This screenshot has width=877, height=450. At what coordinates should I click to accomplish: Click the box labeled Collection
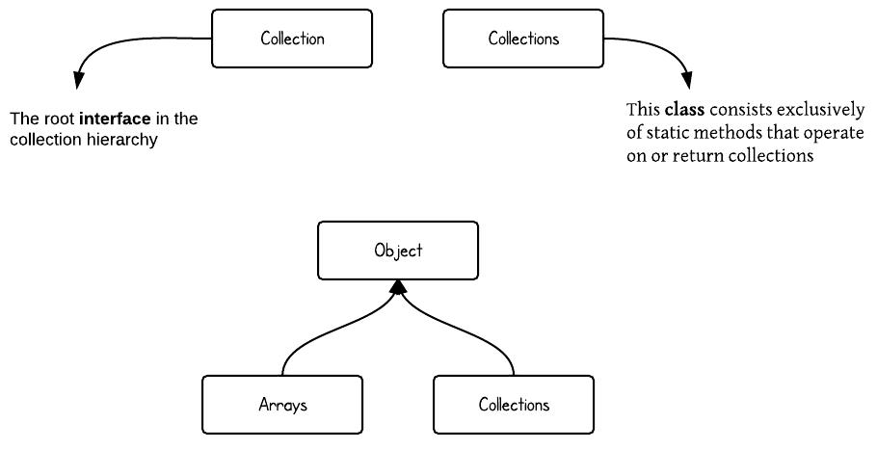click(291, 39)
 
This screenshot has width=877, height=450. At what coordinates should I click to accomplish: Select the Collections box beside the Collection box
click(522, 39)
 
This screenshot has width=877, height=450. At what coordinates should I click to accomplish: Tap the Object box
click(398, 251)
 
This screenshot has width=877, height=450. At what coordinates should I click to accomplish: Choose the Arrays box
click(282, 405)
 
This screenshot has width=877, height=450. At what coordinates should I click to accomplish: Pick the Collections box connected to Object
click(514, 405)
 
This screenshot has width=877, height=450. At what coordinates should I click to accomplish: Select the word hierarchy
click(123, 140)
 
